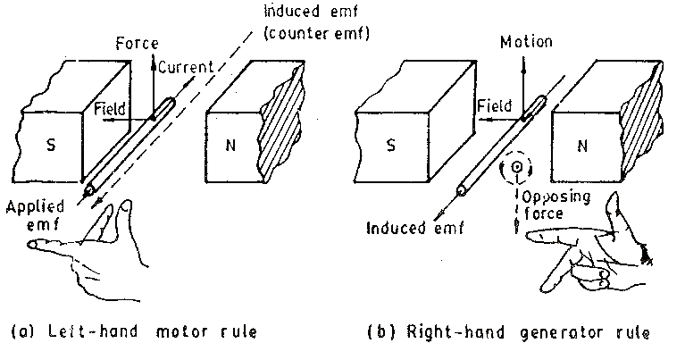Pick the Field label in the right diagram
(494, 106)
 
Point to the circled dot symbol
(515, 168)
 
